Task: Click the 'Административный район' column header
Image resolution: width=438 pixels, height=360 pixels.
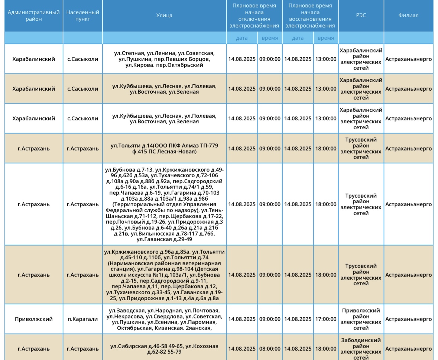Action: click(33, 16)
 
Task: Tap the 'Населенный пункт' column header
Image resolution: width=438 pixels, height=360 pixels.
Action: click(82, 16)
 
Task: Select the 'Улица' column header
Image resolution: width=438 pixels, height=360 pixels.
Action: click(164, 16)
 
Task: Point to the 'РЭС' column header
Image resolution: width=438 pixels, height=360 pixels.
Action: click(361, 16)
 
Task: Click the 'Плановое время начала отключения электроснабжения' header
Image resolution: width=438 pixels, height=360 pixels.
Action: click(254, 16)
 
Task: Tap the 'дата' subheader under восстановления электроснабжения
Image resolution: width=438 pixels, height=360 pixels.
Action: click(298, 38)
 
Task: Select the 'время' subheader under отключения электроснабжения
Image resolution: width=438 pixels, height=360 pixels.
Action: click(270, 38)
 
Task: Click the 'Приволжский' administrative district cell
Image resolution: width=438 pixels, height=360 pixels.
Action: click(33, 319)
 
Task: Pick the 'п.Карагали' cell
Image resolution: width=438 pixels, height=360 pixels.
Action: click(82, 319)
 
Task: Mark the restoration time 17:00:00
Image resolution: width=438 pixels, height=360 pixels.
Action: click(326, 319)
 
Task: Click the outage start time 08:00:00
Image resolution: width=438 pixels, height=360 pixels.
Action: click(270, 349)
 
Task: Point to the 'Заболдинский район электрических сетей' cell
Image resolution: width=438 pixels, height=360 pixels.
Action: click(361, 349)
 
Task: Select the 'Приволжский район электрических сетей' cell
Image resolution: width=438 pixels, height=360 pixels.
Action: click(361, 319)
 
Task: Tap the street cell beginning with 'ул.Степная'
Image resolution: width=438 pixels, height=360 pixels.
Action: click(164, 59)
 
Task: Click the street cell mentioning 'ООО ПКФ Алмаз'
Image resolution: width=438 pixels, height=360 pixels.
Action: click(164, 148)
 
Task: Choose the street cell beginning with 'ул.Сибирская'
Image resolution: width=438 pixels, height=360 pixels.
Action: click(164, 349)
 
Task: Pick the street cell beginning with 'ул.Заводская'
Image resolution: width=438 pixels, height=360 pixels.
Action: click(164, 319)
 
